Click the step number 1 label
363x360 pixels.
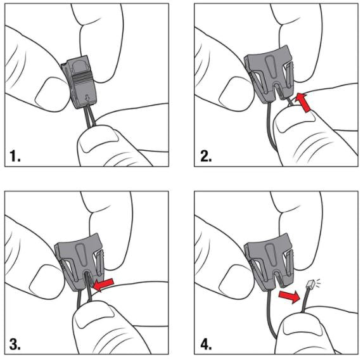coord(15,156)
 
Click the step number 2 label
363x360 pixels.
coord(206,156)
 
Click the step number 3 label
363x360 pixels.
coord(15,344)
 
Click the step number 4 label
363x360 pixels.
coord(206,344)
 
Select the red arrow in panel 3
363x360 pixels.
coord(103,285)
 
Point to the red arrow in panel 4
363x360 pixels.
coord(289,297)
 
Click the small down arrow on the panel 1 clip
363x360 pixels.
coord(87,98)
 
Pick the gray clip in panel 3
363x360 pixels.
coord(79,262)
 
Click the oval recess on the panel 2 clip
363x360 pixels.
coord(271,67)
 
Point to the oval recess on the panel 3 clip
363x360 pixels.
coord(81,254)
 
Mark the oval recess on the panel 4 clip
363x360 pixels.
coord(271,254)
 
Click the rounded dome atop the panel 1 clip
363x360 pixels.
coord(80,67)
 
